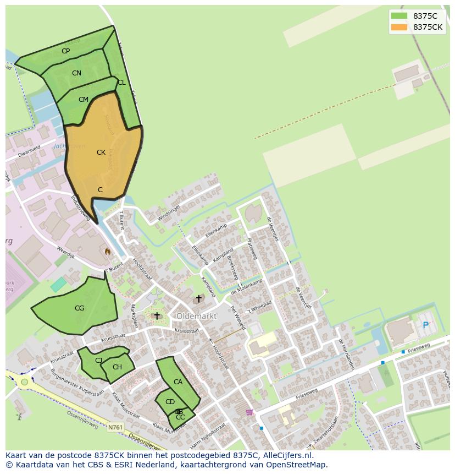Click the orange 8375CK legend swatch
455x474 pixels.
[x=399, y=27]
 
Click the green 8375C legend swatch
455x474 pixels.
[x=399, y=16]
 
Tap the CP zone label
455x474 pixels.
[x=66, y=51]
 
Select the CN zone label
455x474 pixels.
[x=76, y=73]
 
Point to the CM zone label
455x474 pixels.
[x=84, y=100]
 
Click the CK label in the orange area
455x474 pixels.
[x=101, y=152]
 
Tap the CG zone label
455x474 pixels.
[x=80, y=308]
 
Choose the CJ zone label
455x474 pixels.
[x=99, y=361]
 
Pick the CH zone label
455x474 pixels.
[x=117, y=367]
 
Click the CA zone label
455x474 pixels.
[x=178, y=382]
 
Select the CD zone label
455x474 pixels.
[x=170, y=402]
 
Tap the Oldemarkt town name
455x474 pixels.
[x=197, y=317]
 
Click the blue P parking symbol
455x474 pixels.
[x=425, y=325]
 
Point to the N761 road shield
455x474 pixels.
[x=115, y=427]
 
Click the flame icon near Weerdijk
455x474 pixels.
[x=108, y=251]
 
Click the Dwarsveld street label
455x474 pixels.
[x=29, y=151]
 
